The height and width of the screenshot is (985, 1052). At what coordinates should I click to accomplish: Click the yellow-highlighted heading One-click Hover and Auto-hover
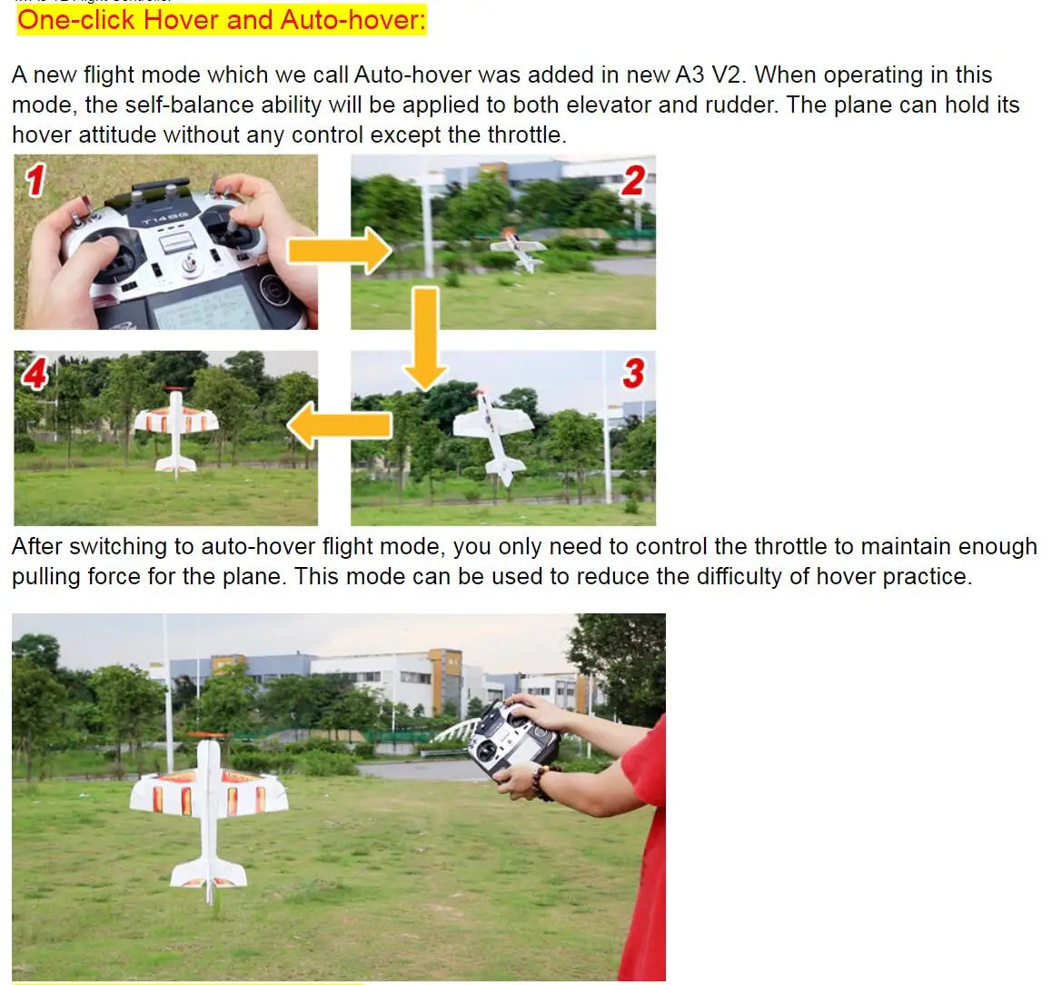point(222,20)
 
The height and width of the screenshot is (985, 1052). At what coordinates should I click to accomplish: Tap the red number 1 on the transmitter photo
point(35,179)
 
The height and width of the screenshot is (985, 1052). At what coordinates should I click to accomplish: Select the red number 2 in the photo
point(633,181)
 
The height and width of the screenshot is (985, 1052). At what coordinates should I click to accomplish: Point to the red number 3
point(633,373)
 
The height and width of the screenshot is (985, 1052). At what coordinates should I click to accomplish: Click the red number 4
point(35,373)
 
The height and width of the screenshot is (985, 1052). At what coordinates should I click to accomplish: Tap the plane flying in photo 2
point(519,248)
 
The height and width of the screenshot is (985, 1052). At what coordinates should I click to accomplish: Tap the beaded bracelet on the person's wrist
point(541,781)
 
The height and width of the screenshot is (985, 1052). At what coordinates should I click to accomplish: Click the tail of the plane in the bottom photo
point(210,873)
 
